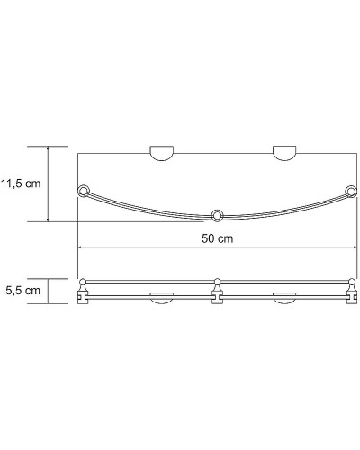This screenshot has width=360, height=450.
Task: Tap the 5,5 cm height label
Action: [22, 292]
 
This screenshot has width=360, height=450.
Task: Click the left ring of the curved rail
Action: [85, 191]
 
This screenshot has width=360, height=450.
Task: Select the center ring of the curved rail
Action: [216, 214]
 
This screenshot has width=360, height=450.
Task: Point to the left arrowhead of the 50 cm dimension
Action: [82, 247]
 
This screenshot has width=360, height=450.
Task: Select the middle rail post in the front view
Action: [216, 292]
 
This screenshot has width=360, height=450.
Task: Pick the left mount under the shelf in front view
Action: [162, 300]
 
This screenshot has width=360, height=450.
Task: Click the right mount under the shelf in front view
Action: [285, 300]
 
